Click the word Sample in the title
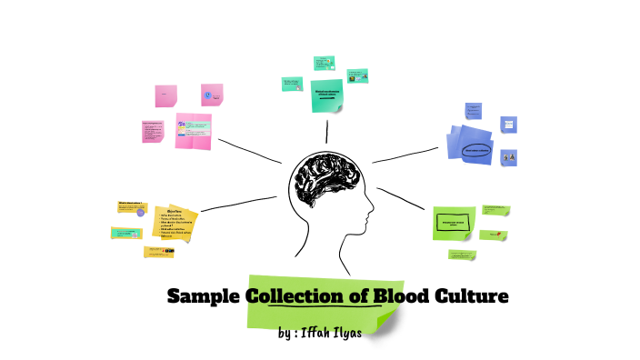coord(205,296)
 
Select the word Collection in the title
coord(296,296)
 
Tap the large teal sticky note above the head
coord(326,95)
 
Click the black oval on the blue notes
coord(476,150)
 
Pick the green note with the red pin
coord(494,235)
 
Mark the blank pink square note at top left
coord(165,95)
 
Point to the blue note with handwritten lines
coord(474,110)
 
